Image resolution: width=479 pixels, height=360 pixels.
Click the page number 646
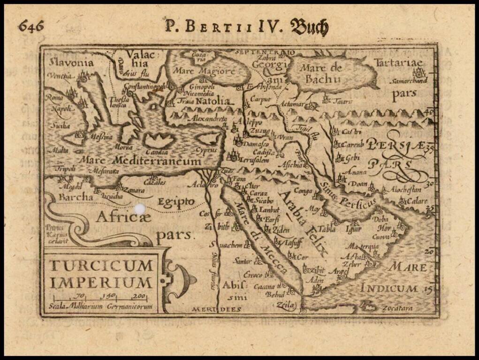tap(31, 26)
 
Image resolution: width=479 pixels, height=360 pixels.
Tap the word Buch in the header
tap(309, 27)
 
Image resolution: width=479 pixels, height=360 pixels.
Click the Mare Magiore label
tap(204, 71)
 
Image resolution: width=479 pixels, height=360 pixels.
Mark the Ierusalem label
tap(256, 159)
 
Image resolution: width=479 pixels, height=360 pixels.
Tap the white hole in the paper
tap(140, 209)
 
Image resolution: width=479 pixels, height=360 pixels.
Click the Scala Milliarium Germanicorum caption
tap(100, 307)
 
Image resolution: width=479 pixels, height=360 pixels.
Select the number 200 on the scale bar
tap(138, 295)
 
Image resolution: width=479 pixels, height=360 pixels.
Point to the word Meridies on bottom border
tap(216, 309)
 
